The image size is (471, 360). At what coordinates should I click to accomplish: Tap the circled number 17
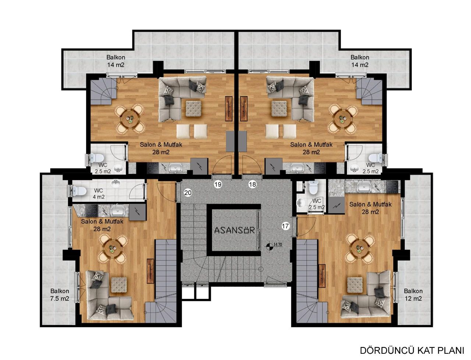(285, 226)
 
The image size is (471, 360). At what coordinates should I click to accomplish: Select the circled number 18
(252, 184)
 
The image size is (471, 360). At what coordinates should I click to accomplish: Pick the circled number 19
(218, 184)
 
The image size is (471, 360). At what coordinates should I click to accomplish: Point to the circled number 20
(188, 193)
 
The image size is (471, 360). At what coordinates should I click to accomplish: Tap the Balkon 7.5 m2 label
(60, 294)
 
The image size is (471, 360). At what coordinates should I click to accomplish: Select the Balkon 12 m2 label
(412, 294)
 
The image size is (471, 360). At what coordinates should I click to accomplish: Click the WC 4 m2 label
(99, 194)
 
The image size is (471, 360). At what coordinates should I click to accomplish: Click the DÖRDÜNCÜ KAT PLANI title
(412, 349)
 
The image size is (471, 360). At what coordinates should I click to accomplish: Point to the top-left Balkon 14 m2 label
(116, 61)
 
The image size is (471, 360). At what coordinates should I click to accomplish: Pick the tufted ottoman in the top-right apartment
(279, 109)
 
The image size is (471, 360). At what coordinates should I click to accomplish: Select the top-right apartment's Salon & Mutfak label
(311, 148)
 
